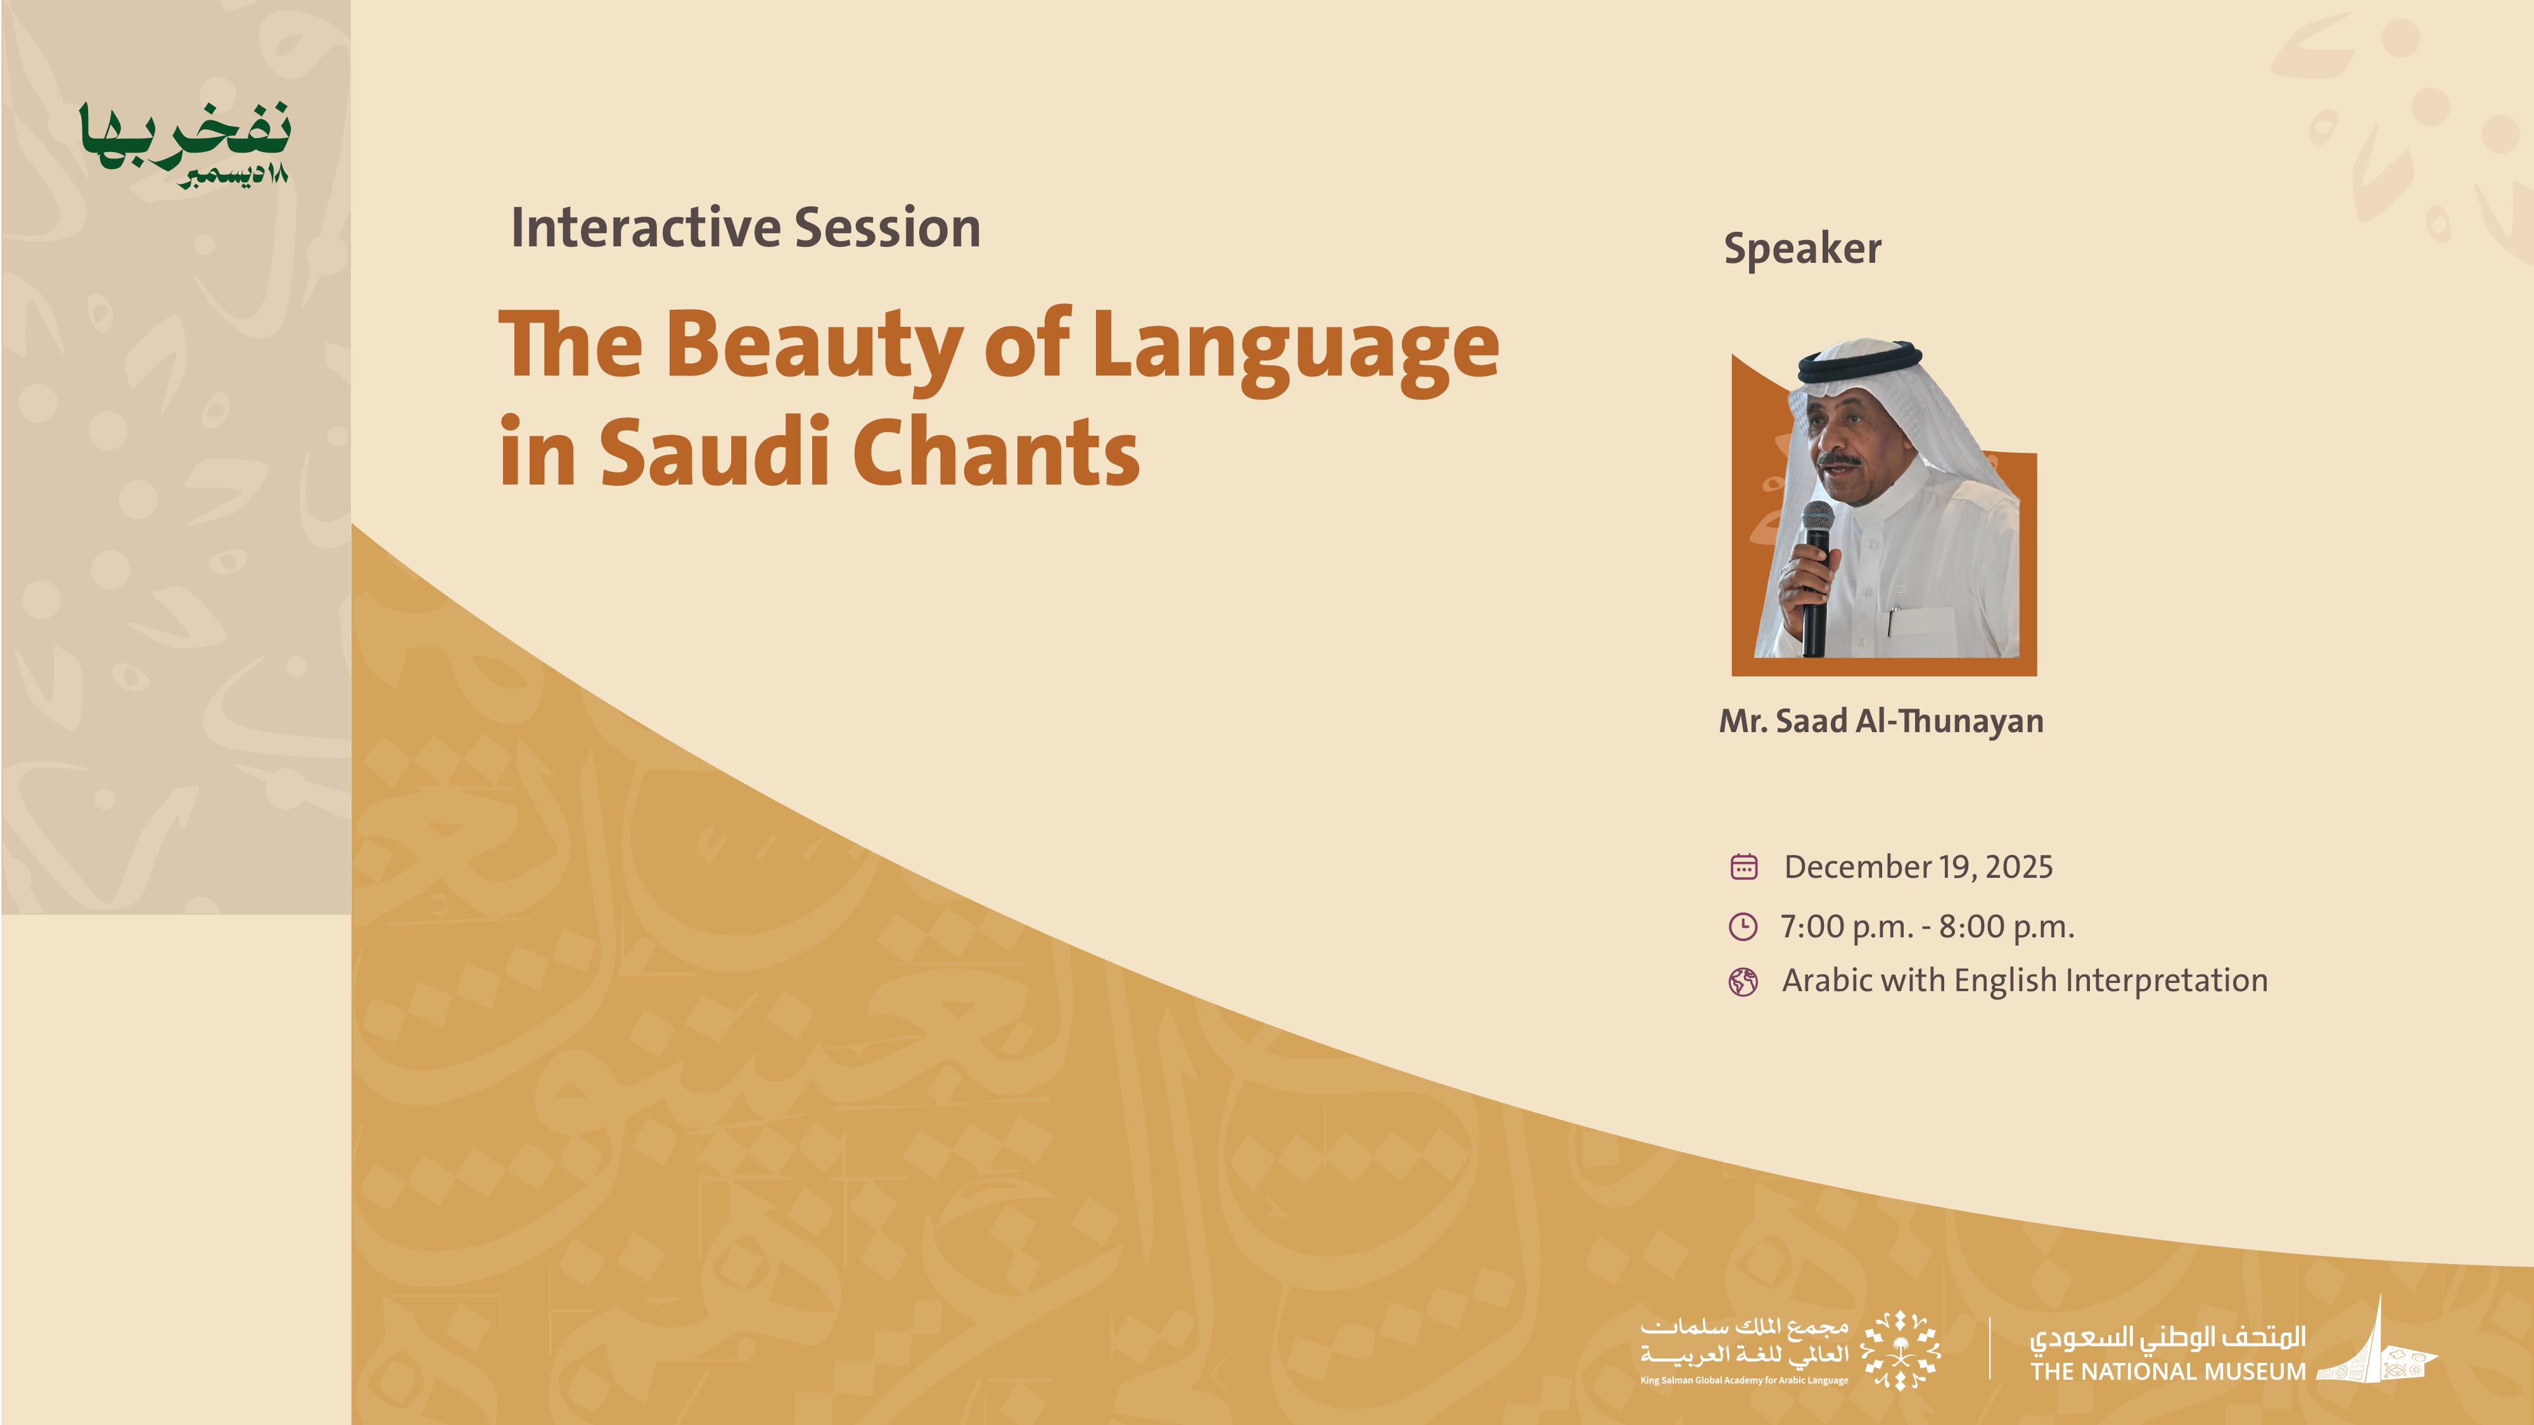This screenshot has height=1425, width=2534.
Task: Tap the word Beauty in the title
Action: click(815, 346)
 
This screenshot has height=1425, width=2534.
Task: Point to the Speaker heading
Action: click(1802, 248)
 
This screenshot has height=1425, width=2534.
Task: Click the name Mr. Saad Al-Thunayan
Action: click(1881, 721)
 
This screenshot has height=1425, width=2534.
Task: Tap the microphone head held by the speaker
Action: click(1817, 518)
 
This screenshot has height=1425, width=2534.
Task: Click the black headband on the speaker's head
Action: click(1859, 362)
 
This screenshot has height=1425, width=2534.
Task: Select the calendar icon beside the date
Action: click(1743, 866)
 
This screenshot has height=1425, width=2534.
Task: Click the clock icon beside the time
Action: click(1743, 927)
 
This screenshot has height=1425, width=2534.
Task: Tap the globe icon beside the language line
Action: click(1743, 982)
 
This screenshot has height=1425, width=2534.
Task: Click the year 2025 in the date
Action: click(2018, 866)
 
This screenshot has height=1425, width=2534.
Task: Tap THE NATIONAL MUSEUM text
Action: click(2168, 1372)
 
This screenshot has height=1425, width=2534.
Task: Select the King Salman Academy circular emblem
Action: click(1900, 1349)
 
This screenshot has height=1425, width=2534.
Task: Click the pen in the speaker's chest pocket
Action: click(1890, 621)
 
